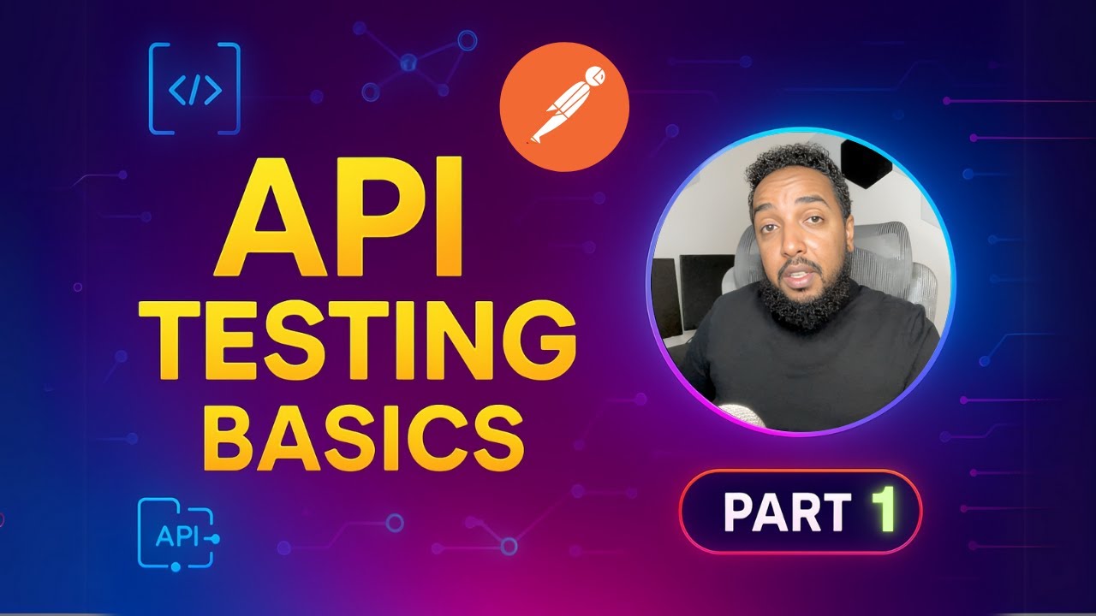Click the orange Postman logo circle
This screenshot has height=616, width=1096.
click(x=564, y=107)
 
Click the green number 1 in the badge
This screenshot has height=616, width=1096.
click(x=884, y=510)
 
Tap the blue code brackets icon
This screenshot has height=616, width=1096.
click(x=194, y=89)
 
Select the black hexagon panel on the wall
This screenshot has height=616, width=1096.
click(x=866, y=163)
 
